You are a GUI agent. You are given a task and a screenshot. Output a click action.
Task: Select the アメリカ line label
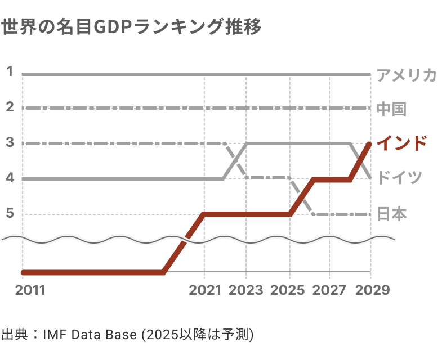(407, 75)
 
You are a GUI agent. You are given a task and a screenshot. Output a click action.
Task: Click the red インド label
(401, 143)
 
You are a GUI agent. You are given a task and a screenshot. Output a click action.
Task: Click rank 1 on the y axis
(10, 71)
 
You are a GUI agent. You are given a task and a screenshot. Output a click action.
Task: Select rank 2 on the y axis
(10, 107)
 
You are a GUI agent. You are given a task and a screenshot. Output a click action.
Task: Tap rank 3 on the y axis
(10, 143)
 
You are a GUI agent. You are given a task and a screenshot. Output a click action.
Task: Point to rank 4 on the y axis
(10, 178)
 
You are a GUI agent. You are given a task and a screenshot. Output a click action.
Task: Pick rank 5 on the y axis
(10, 214)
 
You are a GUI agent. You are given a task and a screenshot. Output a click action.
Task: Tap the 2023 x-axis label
(246, 290)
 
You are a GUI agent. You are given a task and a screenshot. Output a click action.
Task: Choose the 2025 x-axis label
(288, 290)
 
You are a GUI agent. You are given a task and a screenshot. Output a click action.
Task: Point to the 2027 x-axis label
(329, 290)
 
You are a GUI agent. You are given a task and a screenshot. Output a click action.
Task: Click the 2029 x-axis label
(370, 290)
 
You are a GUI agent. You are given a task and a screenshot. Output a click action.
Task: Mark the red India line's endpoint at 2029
(370, 144)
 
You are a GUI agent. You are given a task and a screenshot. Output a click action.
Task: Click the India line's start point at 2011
(23, 272)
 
